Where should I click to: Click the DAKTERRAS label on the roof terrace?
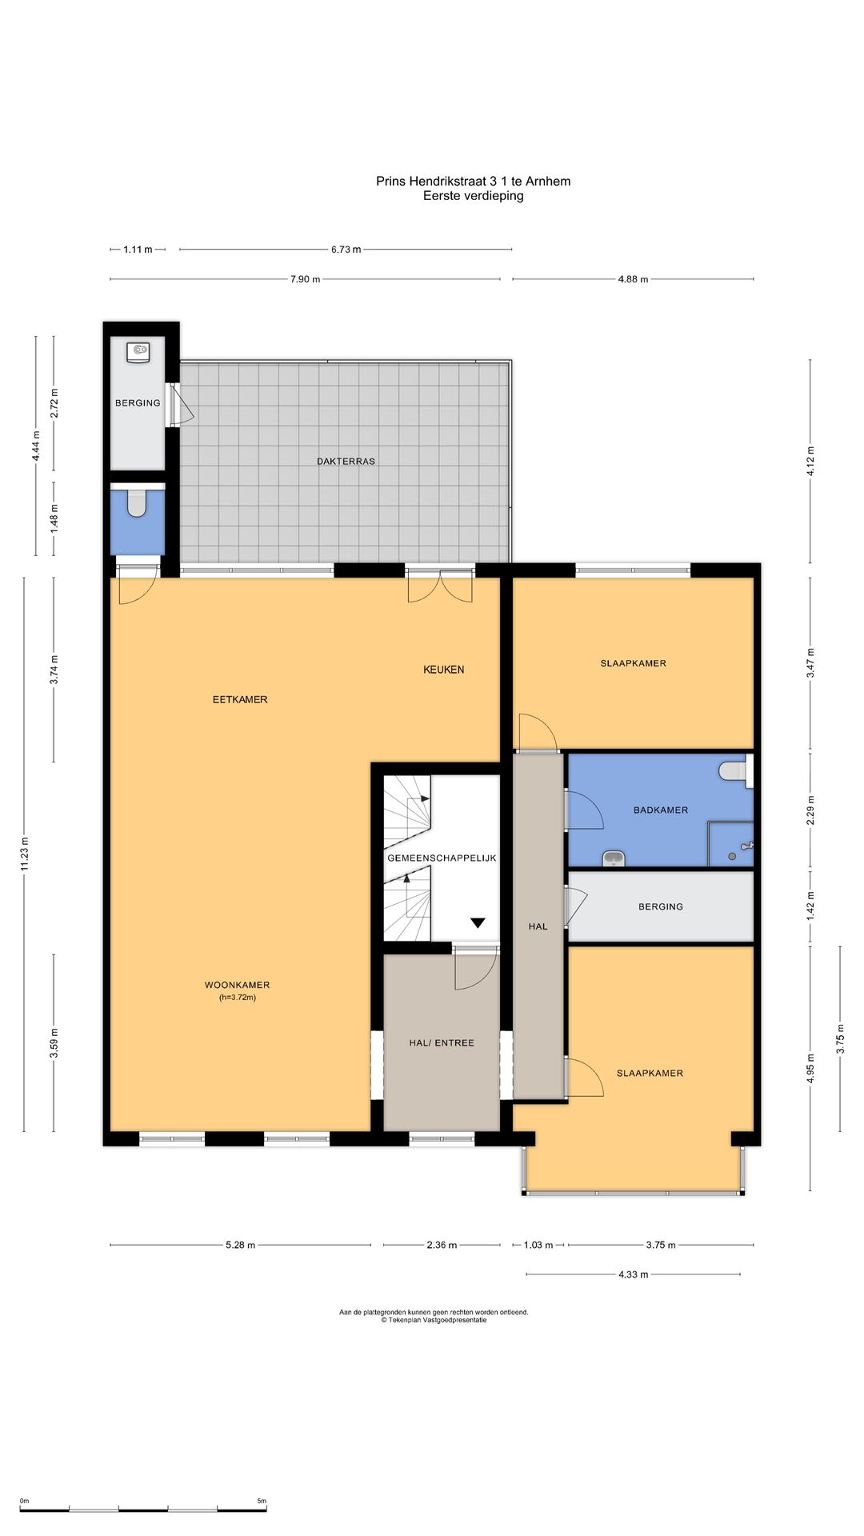346,462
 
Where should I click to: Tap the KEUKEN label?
443,670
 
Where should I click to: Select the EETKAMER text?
240,699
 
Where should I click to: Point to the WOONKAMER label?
237,985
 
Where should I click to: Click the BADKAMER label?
661,810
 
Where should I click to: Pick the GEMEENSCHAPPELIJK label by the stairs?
442,858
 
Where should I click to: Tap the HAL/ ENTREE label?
442,1043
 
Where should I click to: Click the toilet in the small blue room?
138,503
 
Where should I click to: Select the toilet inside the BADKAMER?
733,771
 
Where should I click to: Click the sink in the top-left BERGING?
138,352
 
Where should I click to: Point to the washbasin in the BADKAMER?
614,858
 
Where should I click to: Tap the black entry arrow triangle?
478,922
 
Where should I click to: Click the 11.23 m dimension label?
25,854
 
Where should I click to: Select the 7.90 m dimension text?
305,279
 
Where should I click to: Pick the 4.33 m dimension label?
633,1274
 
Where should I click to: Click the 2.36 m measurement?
442,1245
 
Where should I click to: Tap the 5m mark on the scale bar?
262,1501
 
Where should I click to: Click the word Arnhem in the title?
548,182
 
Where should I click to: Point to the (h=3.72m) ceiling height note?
238,998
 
